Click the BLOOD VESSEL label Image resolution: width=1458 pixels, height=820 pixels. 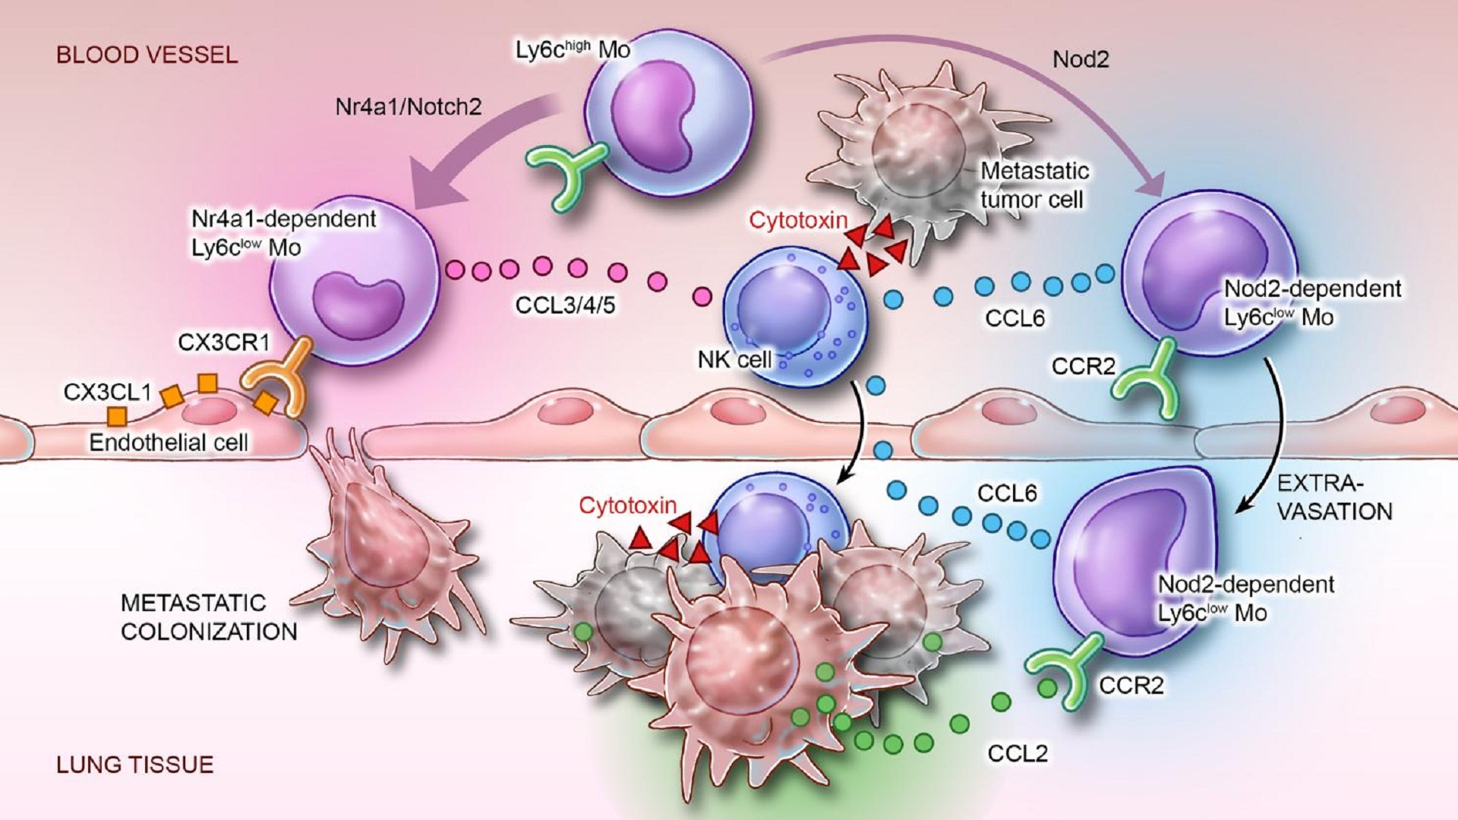click(147, 55)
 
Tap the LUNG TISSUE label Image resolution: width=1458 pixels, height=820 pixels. click(134, 765)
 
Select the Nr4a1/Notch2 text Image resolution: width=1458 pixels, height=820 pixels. click(409, 106)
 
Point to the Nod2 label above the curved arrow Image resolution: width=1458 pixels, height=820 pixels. click(1081, 60)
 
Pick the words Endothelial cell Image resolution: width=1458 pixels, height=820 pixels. click(169, 443)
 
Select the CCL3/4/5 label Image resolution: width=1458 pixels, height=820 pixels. click(565, 305)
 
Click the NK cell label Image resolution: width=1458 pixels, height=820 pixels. click(734, 360)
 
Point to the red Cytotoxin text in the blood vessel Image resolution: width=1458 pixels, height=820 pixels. click(797, 221)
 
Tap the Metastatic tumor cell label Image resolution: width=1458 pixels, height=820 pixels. click(1034, 185)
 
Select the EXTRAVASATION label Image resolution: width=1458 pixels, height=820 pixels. click(1333, 497)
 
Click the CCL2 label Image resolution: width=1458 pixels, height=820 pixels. click(1018, 753)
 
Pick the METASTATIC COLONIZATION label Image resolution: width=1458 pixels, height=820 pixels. click(209, 617)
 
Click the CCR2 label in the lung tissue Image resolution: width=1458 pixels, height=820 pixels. click(1131, 686)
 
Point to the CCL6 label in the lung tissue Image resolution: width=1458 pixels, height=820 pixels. click(1007, 494)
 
